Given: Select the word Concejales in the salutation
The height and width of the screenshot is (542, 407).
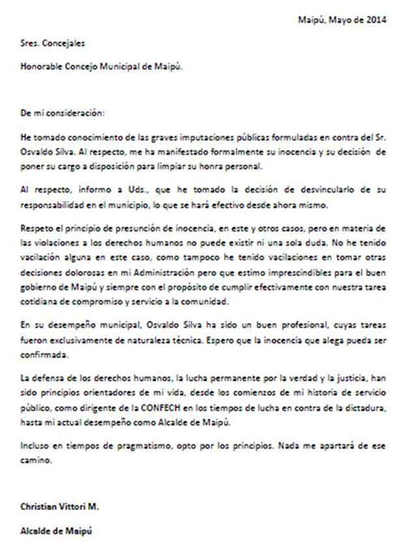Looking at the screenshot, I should pos(63,44).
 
